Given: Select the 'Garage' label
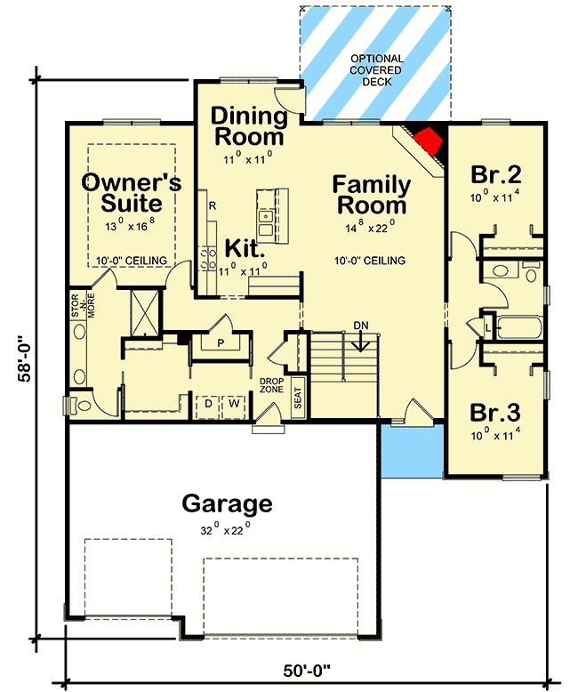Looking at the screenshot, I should pyautogui.click(x=227, y=504).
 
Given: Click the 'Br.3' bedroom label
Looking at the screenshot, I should pyautogui.click(x=495, y=414).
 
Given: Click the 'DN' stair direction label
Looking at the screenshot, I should pyautogui.click(x=361, y=326).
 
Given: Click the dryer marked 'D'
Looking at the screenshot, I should pyautogui.click(x=208, y=403).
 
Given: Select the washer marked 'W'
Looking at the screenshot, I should pyautogui.click(x=234, y=403).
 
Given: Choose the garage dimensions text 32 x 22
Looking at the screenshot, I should pyautogui.click(x=227, y=527).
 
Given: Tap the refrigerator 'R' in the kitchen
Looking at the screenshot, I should pyautogui.click(x=212, y=206).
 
